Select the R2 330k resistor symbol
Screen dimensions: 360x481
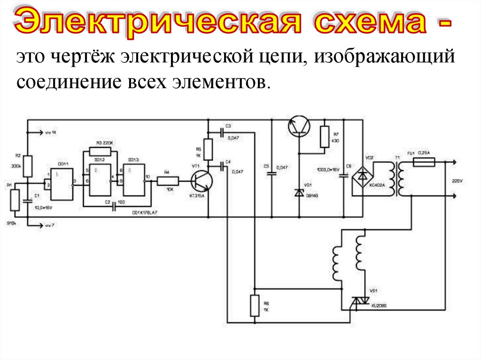[x=28, y=165]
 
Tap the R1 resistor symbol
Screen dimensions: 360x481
[x=16, y=199]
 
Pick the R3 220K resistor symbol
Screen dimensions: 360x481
[x=100, y=151]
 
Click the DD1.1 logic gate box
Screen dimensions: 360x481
[x=62, y=184]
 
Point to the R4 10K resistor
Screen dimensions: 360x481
[x=167, y=181]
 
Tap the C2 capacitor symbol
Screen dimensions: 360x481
[x=115, y=207]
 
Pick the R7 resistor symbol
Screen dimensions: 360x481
[x=324, y=137]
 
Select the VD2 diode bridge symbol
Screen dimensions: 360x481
[x=363, y=177]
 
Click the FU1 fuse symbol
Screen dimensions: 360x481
[x=424, y=162]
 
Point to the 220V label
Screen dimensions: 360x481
[x=457, y=180]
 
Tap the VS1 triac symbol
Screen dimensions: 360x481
[x=361, y=303]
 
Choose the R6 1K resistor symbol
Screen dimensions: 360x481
[x=254, y=306]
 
